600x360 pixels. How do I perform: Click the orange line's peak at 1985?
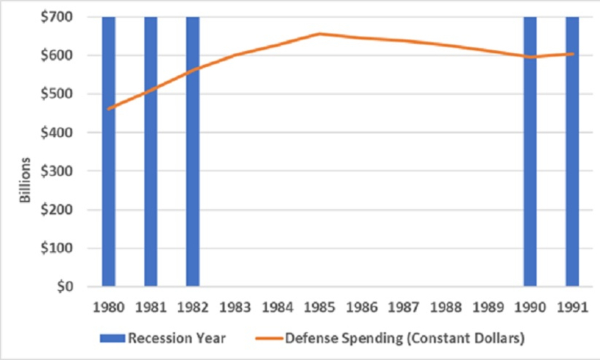(x=319, y=33)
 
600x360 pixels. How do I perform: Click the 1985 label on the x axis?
(x=319, y=308)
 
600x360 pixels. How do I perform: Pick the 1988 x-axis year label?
(x=446, y=308)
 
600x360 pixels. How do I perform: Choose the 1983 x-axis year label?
(x=235, y=308)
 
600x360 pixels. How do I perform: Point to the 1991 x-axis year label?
(x=572, y=308)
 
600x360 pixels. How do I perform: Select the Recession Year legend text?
(x=176, y=339)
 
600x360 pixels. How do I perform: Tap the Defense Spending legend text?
(x=404, y=339)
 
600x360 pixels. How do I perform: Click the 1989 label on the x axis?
(x=488, y=308)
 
